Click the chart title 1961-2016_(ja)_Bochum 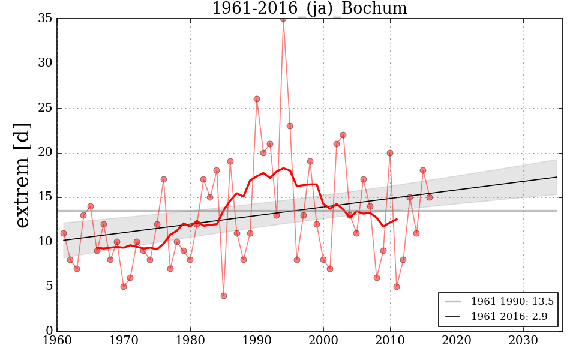(x=309, y=9)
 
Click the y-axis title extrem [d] (x=22, y=175)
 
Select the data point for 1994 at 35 (x=283, y=19)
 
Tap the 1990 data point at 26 (x=257, y=99)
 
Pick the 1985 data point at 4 (x=224, y=295)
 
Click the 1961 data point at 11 (x=64, y=233)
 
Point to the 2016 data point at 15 (x=430, y=197)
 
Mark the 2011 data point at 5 (x=397, y=287)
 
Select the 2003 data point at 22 (x=343, y=135)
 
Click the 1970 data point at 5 (x=124, y=287)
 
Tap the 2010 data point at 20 (x=390, y=153)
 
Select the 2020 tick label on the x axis (x=457, y=340)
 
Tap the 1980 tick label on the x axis (x=190, y=340)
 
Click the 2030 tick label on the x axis (x=523, y=340)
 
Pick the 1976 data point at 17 (x=164, y=179)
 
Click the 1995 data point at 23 (x=290, y=126)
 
